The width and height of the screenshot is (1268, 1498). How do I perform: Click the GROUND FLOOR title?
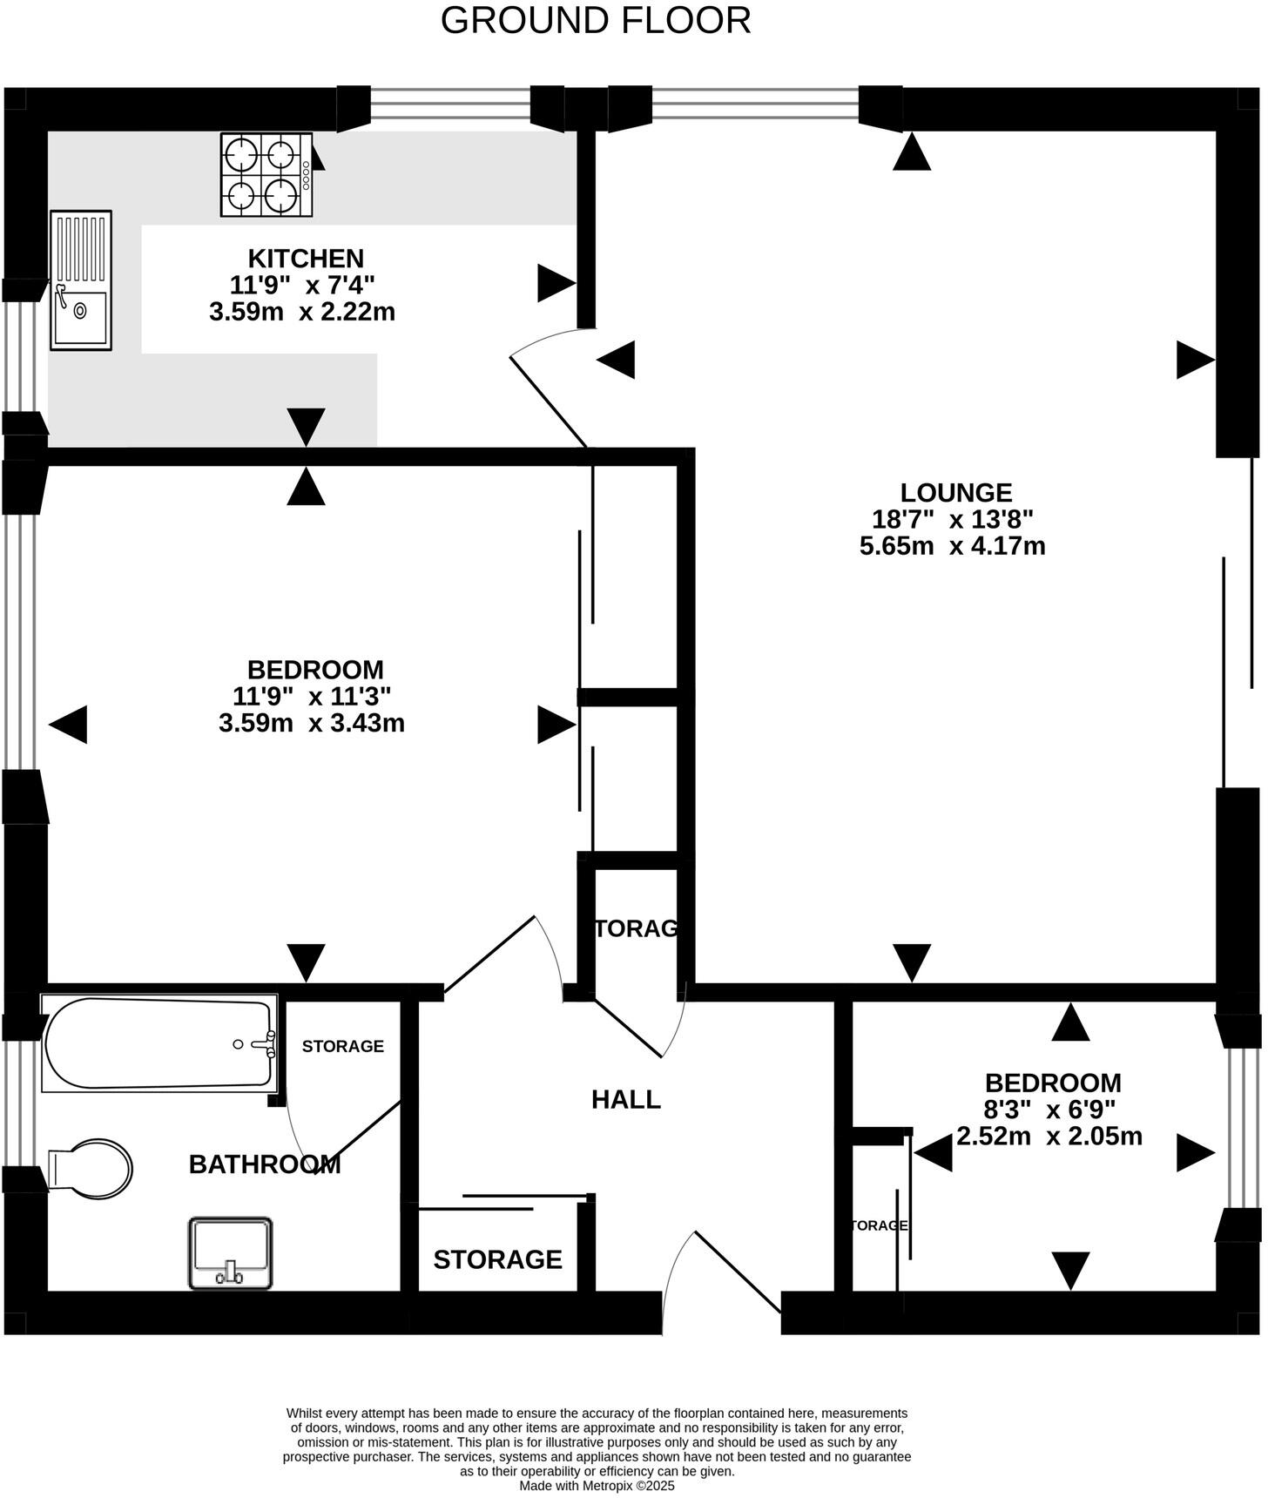click(596, 21)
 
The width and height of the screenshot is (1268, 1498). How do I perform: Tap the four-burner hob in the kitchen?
click(266, 174)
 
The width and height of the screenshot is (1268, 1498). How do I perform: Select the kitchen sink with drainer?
click(81, 280)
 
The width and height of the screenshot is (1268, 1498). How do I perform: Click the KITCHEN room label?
click(306, 259)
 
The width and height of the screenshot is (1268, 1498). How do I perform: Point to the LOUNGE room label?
click(956, 493)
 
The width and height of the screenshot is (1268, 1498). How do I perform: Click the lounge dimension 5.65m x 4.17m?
click(952, 547)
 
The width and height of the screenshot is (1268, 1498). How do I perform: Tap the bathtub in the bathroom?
click(159, 1043)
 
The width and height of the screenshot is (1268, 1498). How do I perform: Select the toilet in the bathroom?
click(91, 1169)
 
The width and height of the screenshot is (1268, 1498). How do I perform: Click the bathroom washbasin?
click(231, 1253)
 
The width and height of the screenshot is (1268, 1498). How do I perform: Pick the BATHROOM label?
click(264, 1164)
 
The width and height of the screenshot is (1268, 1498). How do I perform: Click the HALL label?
click(625, 1100)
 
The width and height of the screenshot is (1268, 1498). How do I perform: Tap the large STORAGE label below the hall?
click(497, 1259)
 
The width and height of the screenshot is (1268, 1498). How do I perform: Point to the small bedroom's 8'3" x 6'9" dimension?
click(1051, 1110)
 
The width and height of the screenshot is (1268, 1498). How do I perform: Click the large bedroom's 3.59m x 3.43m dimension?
click(311, 724)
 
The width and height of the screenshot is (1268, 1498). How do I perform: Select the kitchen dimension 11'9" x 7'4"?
click(302, 285)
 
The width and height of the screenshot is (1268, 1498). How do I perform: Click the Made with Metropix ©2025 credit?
click(597, 1487)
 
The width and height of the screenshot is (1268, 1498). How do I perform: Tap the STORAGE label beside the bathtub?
click(342, 1046)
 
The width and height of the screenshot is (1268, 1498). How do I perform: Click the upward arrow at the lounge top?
click(912, 152)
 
